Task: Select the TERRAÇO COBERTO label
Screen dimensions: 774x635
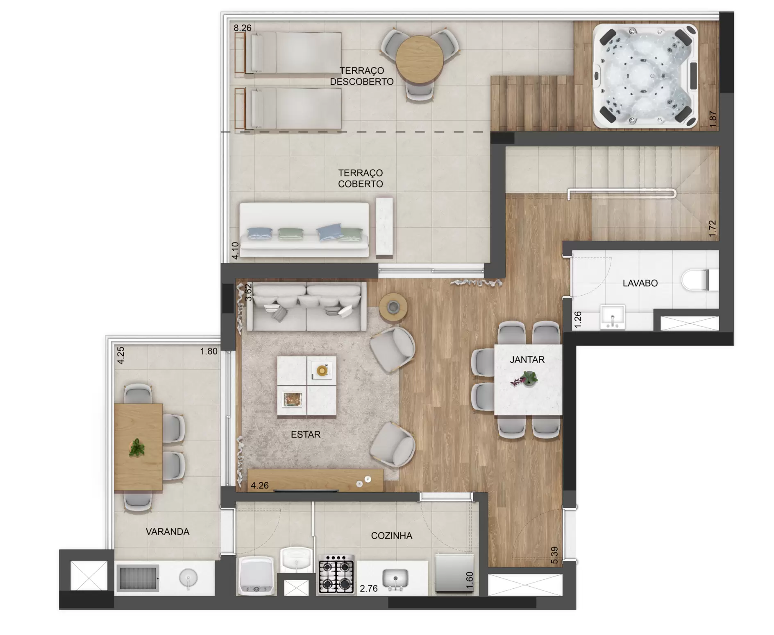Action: (x=361, y=179)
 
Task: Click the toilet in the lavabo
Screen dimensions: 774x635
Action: (x=700, y=280)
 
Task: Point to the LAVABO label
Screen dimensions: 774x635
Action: (x=640, y=283)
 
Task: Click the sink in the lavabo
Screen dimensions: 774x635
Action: (x=612, y=316)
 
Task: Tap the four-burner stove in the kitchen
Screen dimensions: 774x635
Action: (x=336, y=574)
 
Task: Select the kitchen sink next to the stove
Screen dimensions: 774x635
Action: (x=395, y=579)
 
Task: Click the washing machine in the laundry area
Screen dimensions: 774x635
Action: (x=256, y=576)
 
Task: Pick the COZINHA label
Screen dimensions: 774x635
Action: (x=391, y=536)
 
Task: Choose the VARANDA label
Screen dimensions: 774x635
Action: (x=168, y=531)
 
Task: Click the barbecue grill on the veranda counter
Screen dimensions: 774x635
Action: (x=138, y=578)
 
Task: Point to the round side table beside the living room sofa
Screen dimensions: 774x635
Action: (x=393, y=307)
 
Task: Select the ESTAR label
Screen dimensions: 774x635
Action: (x=306, y=434)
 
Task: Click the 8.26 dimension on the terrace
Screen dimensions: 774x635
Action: (x=243, y=28)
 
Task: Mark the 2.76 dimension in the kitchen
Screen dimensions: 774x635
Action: (x=369, y=589)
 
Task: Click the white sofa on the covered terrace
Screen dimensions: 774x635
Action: (x=304, y=230)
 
